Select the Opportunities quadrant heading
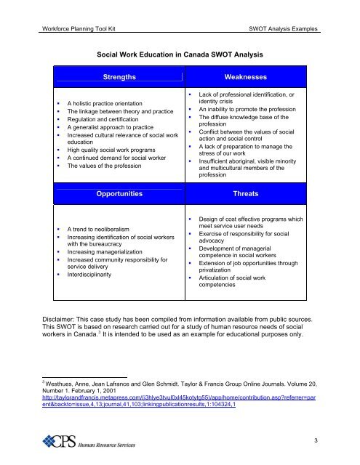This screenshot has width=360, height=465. [x=121, y=195]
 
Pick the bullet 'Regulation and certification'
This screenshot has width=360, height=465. [x=92, y=124]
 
